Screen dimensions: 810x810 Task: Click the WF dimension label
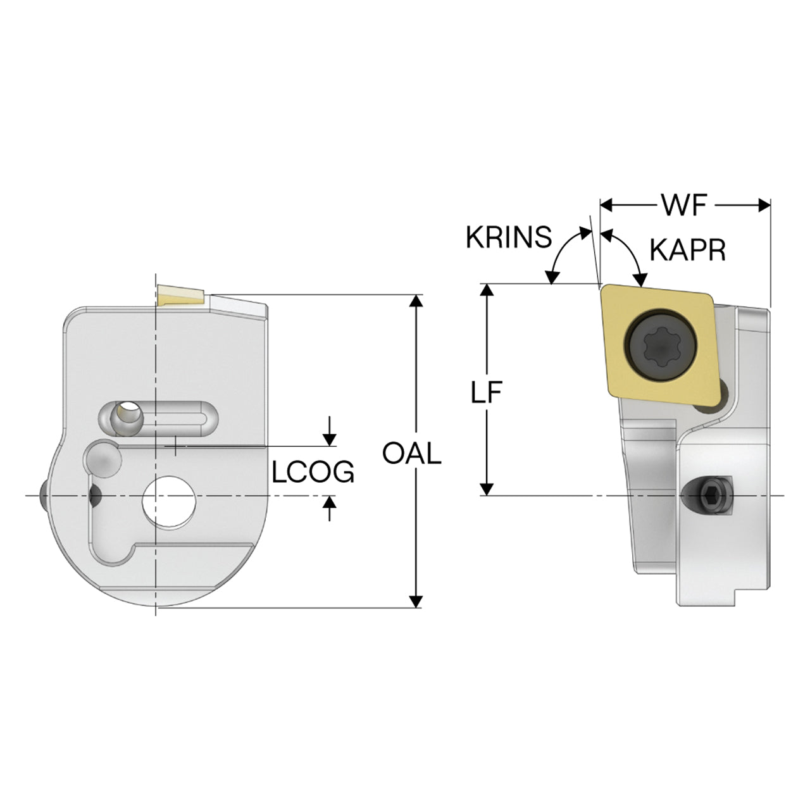685,204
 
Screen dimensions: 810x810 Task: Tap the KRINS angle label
509,237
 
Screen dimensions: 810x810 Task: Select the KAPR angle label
688,251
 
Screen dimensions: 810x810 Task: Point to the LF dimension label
487,392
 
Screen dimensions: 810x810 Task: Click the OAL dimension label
412,453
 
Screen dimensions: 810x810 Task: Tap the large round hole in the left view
168,501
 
